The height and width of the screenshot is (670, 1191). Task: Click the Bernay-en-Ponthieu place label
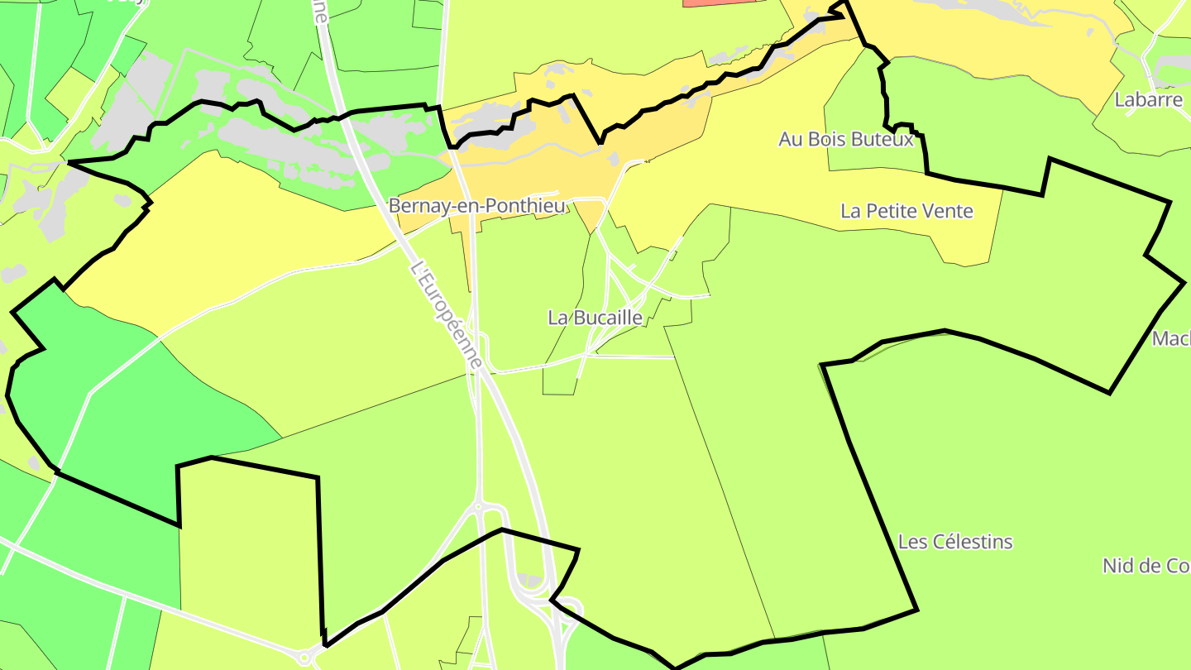[x=478, y=206]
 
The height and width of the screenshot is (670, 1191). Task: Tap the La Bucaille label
[x=595, y=317]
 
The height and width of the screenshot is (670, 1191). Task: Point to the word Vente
[x=947, y=211]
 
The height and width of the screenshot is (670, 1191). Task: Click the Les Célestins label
[x=955, y=542]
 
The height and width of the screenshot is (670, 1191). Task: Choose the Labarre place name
[x=1148, y=100]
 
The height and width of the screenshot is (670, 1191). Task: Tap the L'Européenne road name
[x=446, y=315]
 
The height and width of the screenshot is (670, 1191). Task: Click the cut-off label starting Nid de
[x=1146, y=566]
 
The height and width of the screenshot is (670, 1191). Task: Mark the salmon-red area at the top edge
[x=718, y=3]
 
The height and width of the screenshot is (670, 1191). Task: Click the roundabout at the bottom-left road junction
[x=304, y=658]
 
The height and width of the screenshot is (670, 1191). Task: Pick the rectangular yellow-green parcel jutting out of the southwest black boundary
[x=248, y=546]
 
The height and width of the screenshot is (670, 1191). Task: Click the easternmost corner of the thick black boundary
[x=1184, y=283]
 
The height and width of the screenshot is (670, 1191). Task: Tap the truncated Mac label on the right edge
[x=1171, y=338]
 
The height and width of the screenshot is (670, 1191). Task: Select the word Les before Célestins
[x=912, y=542]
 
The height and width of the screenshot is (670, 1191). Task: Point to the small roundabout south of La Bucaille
[x=478, y=505]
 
